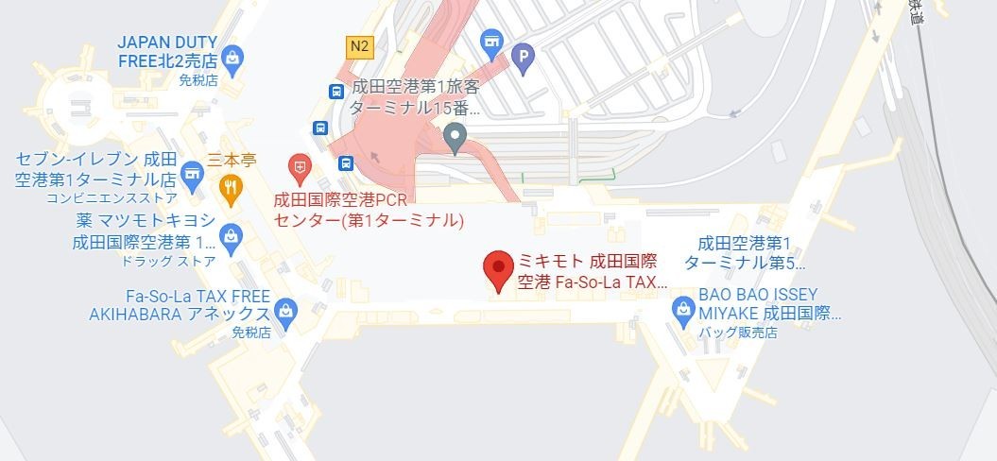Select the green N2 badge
pyautogui.click(x=358, y=45)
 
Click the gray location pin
pyautogui.click(x=456, y=138)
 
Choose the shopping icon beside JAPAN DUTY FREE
pyautogui.click(x=232, y=59)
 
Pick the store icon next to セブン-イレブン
pyautogui.click(x=193, y=173)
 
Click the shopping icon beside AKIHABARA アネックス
pyautogui.click(x=285, y=309)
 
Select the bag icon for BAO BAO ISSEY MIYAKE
pyautogui.click(x=683, y=308)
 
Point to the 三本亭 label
pyautogui.click(x=232, y=161)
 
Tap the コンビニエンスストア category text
pyautogui.click(x=98, y=198)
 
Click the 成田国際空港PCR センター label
pyautogui.click(x=369, y=210)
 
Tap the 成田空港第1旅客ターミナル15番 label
pyautogui.click(x=416, y=98)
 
